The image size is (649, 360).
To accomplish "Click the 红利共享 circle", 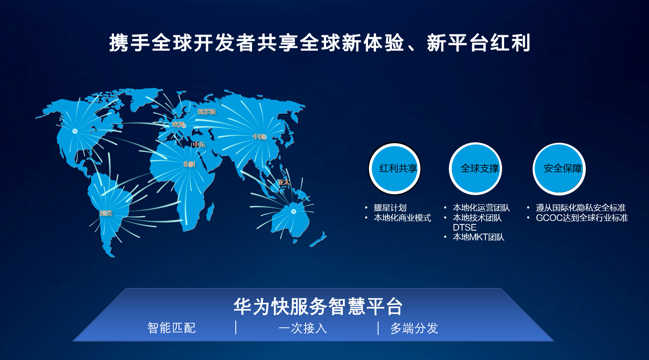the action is tap(394, 169).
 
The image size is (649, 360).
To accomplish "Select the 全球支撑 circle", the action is tap(476, 169).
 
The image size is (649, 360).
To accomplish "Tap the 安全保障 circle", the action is tap(559, 169).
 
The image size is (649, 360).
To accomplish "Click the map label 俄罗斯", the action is tap(206, 112).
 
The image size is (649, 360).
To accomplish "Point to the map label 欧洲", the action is tap(178, 124).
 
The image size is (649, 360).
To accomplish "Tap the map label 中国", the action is tap(259, 136).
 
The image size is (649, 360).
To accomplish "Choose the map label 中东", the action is tap(199, 144).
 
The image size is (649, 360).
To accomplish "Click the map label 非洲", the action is tap(188, 164).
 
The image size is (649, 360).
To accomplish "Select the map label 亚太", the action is tap(283, 182).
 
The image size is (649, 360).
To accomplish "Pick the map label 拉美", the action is tap(106, 213).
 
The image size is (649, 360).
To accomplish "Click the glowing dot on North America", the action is tap(75, 131).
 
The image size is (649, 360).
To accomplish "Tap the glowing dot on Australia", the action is tap(294, 211).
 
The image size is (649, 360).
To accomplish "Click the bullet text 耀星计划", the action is tap(390, 208).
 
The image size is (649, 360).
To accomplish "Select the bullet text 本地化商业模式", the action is tap(402, 218).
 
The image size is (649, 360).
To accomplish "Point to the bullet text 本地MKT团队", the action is tap(478, 237).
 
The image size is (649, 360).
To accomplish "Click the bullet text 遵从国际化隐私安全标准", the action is tap(581, 208).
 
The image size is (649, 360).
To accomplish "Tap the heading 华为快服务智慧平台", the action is tap(318, 306).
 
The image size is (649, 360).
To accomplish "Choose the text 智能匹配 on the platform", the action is tap(172, 328).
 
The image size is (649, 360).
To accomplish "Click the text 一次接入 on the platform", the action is tap(303, 328).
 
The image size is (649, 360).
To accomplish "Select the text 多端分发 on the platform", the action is tap(415, 328).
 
